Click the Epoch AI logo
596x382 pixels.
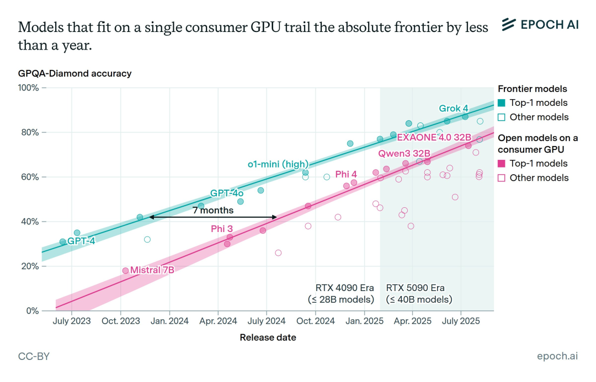[540, 24]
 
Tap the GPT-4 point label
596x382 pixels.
[81, 241]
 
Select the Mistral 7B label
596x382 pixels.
[152, 270]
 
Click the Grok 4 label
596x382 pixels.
[454, 109]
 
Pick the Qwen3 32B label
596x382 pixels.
[404, 153]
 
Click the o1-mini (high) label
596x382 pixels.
[278, 164]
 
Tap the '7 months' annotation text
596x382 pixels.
[213, 210]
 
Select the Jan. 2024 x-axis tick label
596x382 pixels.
[170, 321]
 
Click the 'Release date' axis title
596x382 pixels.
[268, 337]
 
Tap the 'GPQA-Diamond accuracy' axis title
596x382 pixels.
[75, 73]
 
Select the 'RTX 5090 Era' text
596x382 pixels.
[415, 288]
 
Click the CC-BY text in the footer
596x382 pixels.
[34, 356]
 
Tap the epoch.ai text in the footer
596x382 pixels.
[557, 356]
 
